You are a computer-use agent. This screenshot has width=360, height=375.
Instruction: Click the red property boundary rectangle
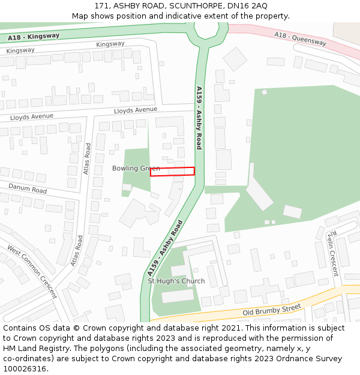click(x=172, y=171)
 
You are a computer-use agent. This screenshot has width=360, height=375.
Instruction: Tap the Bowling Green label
click(x=136, y=169)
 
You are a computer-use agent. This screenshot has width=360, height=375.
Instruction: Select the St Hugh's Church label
click(x=176, y=281)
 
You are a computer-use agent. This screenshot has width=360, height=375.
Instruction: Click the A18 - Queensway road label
click(x=300, y=38)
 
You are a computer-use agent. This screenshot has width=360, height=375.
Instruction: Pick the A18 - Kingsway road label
click(x=34, y=37)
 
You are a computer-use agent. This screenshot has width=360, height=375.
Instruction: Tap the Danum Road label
click(x=28, y=189)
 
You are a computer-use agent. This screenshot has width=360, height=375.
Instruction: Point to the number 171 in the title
click(x=102, y=5)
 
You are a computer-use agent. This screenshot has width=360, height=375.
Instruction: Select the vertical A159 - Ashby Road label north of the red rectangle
click(x=199, y=118)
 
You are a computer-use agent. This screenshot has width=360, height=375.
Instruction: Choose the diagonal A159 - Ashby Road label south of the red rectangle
click(x=165, y=248)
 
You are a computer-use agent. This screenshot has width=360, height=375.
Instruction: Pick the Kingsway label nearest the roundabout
click(x=110, y=44)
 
